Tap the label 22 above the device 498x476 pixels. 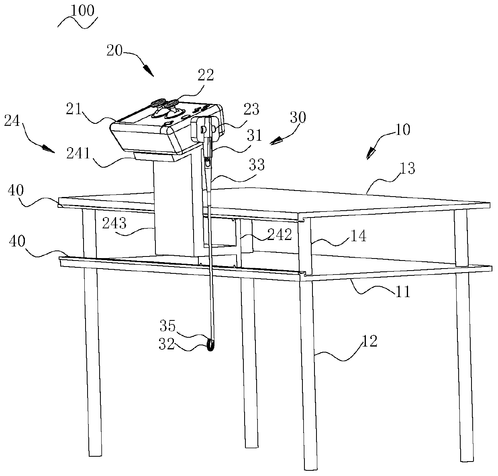pos(206,75)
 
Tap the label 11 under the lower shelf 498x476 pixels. pos(402,291)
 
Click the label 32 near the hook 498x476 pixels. pos(166,345)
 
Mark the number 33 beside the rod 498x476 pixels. pos(256,165)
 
